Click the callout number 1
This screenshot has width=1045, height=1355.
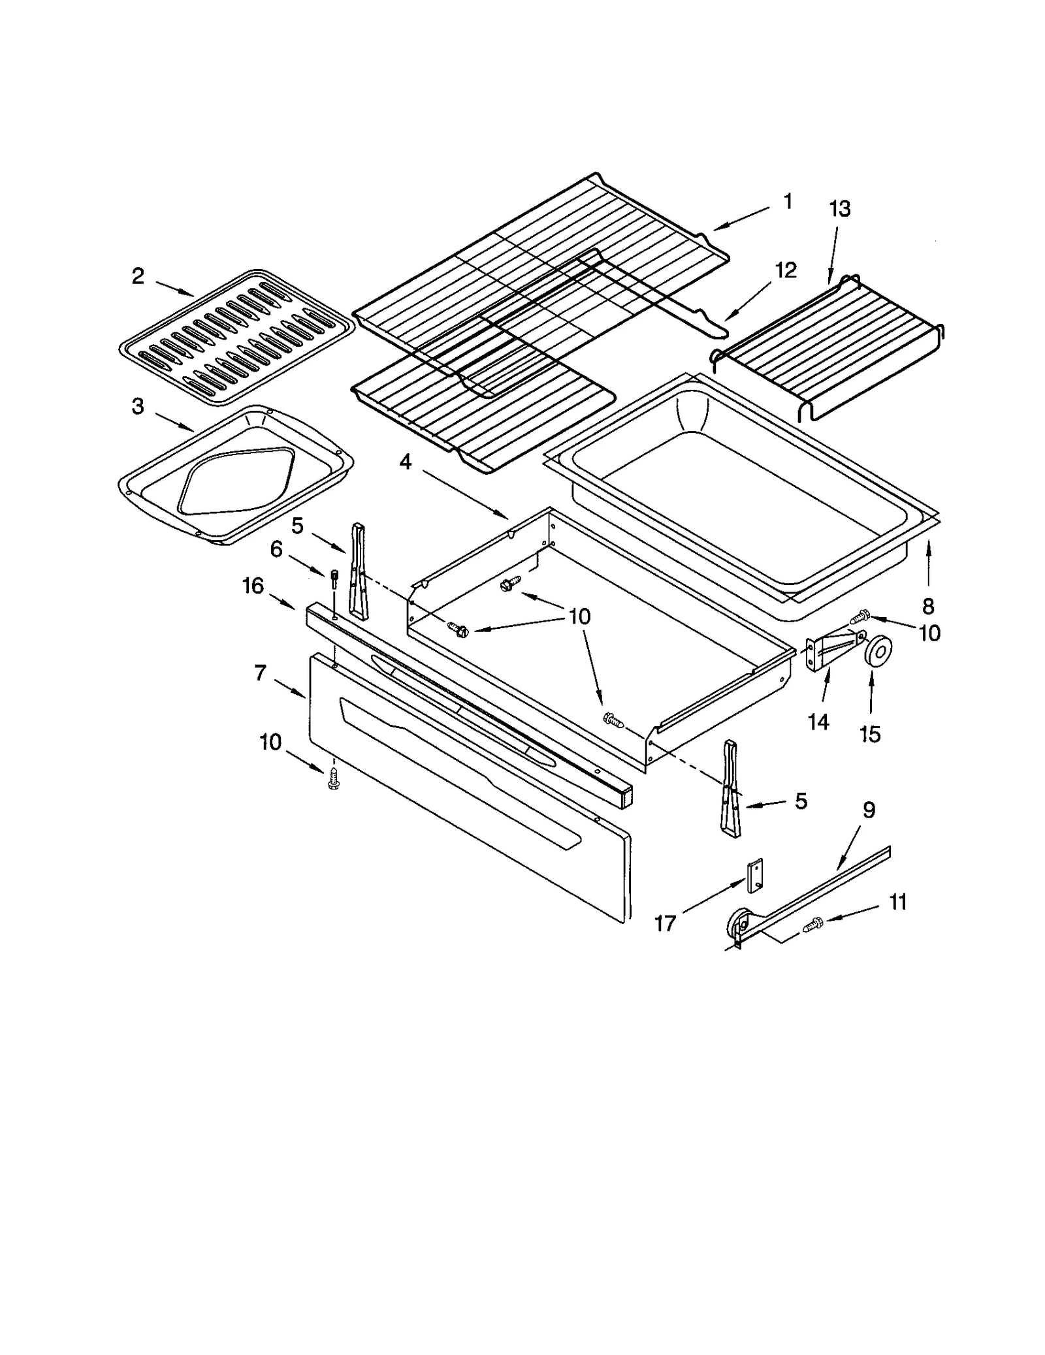tap(788, 201)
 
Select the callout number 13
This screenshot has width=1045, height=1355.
tap(840, 209)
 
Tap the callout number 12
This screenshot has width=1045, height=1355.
tap(786, 270)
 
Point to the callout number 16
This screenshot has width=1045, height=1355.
tap(253, 586)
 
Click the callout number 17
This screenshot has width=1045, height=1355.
tap(665, 924)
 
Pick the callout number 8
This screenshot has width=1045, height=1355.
tap(928, 607)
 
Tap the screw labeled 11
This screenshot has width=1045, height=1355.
tap(814, 923)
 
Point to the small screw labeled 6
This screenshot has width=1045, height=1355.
tap(335, 577)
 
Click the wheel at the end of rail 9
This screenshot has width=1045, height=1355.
tap(739, 923)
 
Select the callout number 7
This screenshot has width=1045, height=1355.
tap(260, 672)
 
